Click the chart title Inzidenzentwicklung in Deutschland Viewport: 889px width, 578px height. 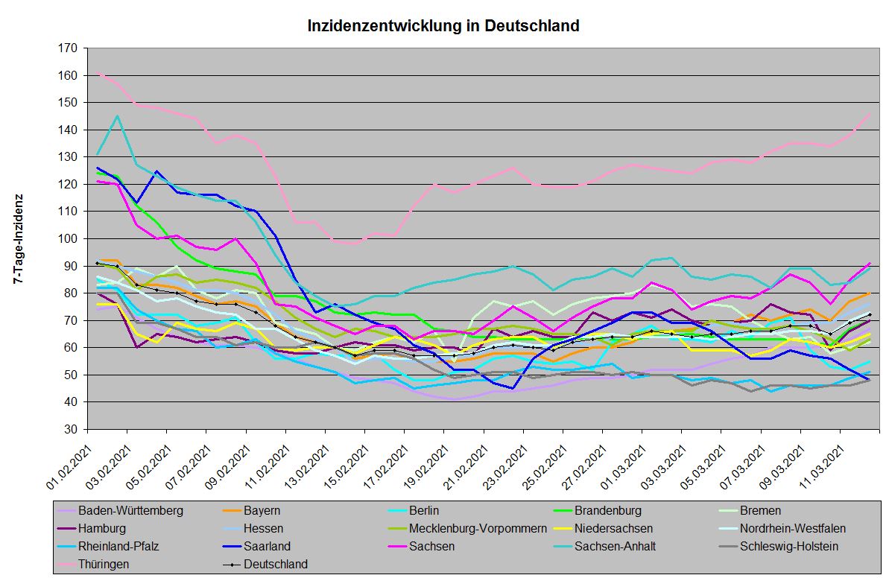point(443,26)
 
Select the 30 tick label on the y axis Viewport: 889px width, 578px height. point(71,430)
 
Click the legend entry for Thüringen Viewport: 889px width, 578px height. point(104,564)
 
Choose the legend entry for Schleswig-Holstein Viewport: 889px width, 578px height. point(789,546)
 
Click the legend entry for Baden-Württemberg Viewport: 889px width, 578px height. point(130,511)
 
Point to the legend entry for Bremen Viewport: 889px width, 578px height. point(760,511)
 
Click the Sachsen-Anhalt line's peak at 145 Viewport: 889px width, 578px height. point(117,115)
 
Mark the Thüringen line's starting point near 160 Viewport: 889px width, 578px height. point(98,74)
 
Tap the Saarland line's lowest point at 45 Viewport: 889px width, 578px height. point(513,388)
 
